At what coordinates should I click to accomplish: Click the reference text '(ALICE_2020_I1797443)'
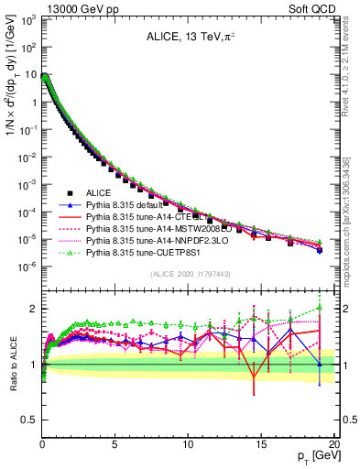point(190,274)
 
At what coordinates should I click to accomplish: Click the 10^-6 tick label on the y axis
point(27,267)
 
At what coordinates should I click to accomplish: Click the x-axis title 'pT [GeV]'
point(315,456)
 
